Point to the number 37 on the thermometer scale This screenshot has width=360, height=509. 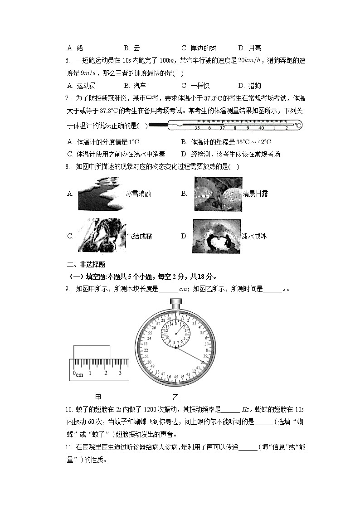222,128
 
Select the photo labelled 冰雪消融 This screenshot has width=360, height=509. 99,194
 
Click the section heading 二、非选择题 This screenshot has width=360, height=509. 86,265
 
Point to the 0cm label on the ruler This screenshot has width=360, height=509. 78,374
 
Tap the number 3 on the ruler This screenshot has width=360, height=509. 120,373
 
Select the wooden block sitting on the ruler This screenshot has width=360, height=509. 92,352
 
